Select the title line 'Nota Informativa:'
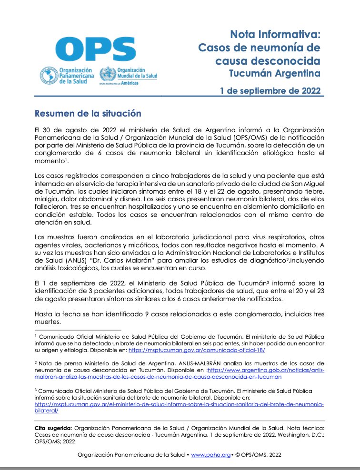coord(275,35)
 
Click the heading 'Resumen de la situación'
coord(88,114)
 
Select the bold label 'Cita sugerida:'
coord(54,428)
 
